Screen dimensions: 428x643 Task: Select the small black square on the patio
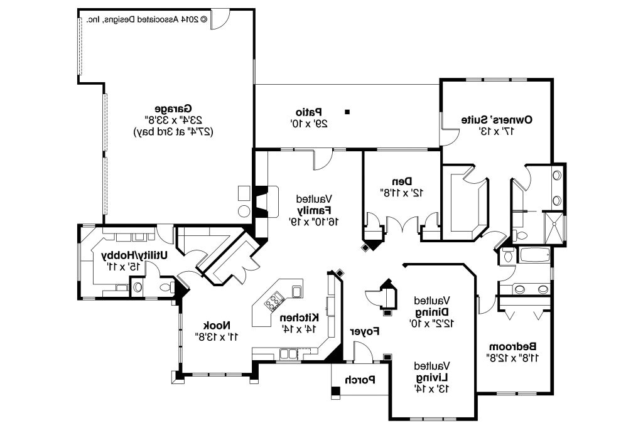pos(347,112)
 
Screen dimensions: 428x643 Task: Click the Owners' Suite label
pos(497,119)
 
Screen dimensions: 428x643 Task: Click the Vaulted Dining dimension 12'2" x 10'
pos(432,323)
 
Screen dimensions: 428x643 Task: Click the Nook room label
pos(217,325)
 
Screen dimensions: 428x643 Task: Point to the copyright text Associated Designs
pos(148,19)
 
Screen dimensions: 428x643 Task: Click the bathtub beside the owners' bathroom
pos(534,255)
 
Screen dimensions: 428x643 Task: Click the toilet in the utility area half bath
pos(164,287)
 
